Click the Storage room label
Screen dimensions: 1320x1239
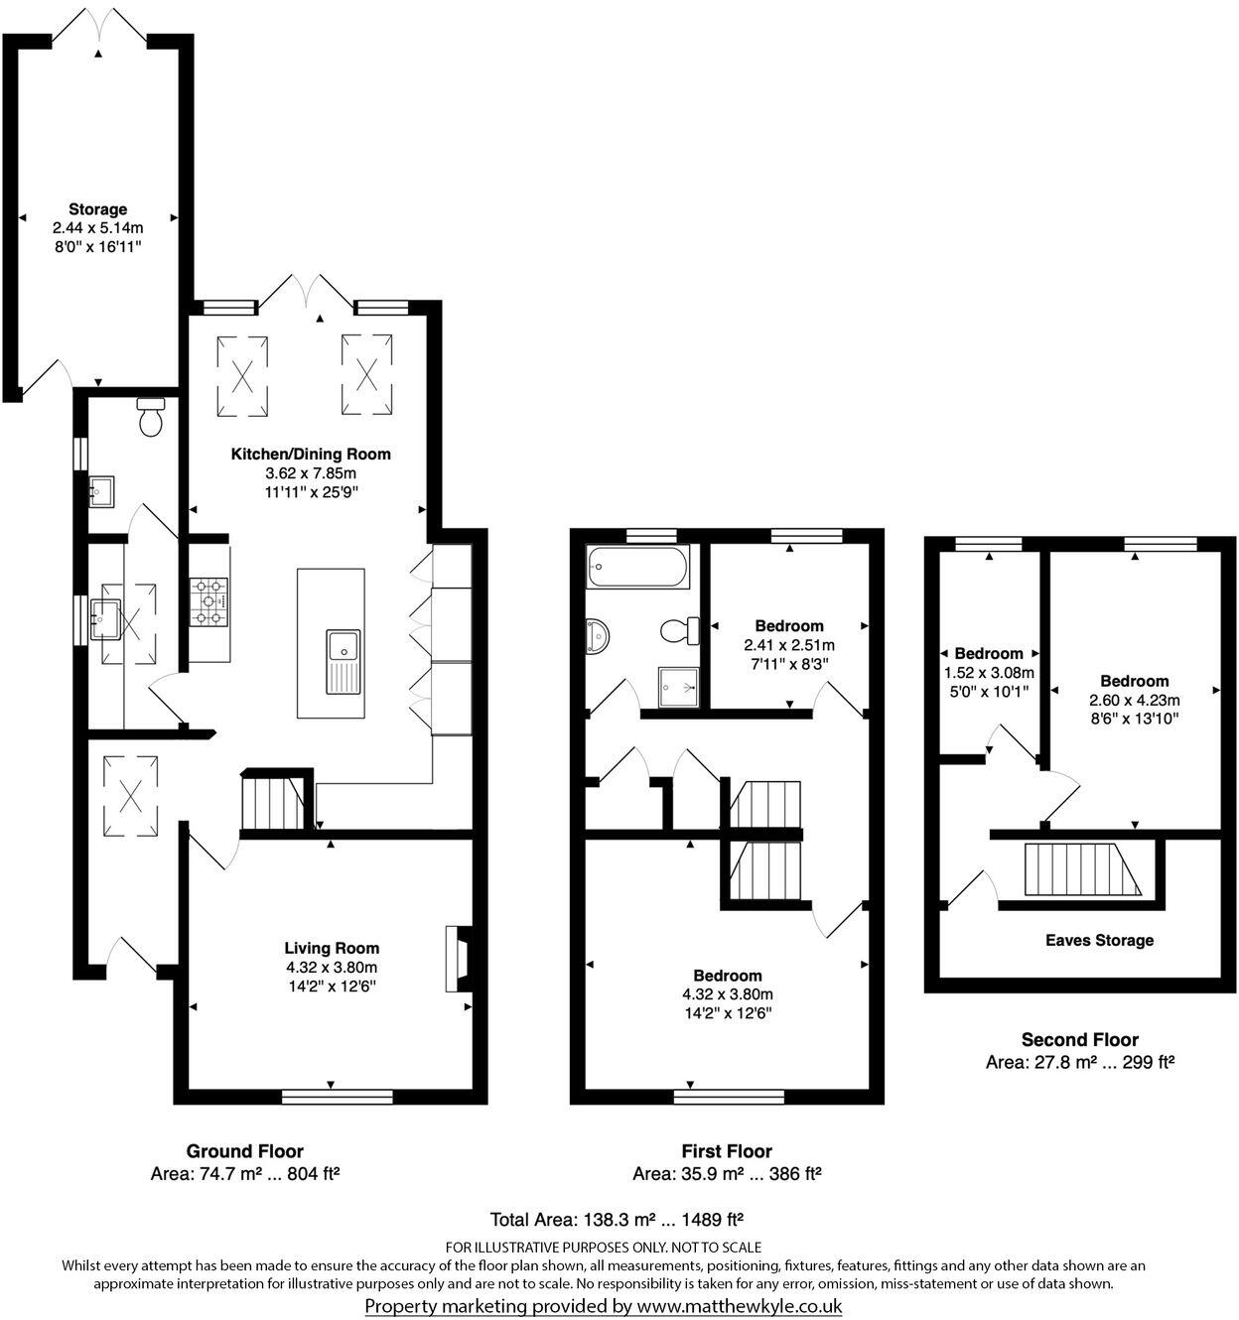click(97, 209)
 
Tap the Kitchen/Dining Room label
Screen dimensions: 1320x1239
click(311, 455)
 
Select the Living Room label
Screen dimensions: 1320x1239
click(332, 949)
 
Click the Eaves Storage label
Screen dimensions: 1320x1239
click(1099, 940)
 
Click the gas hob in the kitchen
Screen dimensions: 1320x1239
click(208, 601)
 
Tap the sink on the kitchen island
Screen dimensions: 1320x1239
click(344, 662)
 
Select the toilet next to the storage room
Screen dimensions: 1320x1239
click(152, 418)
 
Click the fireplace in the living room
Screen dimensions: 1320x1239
click(459, 960)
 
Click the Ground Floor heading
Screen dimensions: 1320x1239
click(245, 1151)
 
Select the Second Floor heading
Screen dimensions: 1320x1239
click(1080, 1040)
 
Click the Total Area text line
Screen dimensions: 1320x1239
click(618, 1219)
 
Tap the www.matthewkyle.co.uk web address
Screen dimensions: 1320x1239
click(740, 1306)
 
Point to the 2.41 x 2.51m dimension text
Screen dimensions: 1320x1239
click(789, 645)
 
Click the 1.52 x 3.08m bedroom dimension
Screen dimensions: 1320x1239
click(989, 673)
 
